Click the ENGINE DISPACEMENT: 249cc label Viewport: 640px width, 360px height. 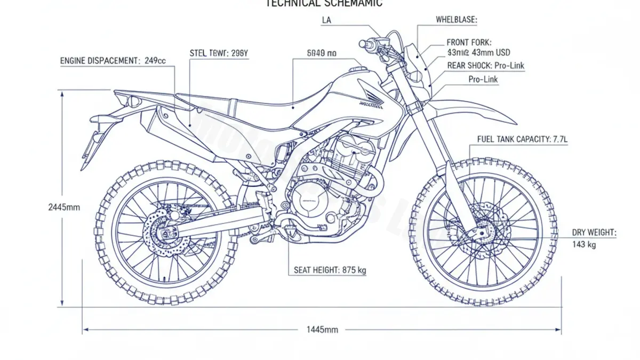tap(113, 61)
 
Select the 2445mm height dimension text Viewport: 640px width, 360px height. tap(63, 207)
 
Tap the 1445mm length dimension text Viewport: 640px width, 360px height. tap(322, 330)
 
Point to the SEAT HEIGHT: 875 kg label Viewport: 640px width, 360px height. tap(330, 270)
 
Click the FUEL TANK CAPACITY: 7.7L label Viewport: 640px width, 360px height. tap(522, 139)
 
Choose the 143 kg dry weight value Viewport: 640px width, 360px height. tap(584, 245)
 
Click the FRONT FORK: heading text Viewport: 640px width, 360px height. tap(469, 42)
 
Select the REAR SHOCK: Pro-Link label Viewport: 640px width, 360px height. tap(485, 66)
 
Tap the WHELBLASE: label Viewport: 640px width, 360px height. tap(457, 20)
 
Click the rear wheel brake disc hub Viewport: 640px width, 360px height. tap(166, 233)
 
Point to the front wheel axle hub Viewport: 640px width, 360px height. tap(480, 233)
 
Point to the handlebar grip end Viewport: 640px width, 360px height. tap(363, 43)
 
